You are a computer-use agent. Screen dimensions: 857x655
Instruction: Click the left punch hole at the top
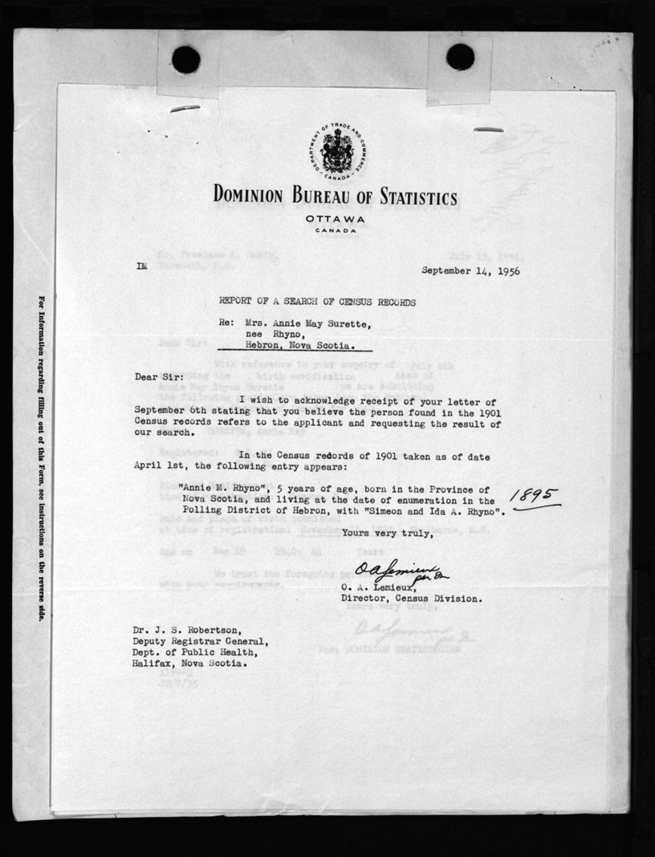click(185, 59)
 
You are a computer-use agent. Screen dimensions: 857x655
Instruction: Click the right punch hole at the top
click(460, 56)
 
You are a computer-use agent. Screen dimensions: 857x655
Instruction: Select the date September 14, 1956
click(470, 271)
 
